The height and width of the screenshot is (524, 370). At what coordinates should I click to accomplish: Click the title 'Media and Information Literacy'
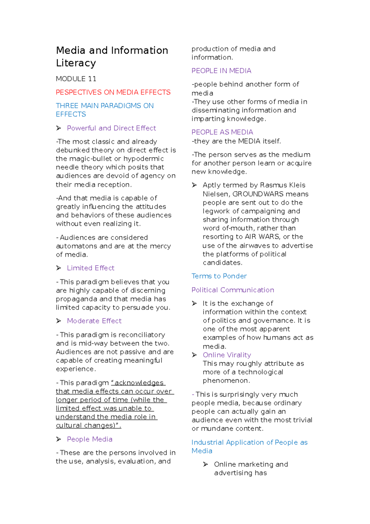tap(112, 56)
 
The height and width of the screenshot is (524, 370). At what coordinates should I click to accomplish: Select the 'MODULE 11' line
tap(76, 79)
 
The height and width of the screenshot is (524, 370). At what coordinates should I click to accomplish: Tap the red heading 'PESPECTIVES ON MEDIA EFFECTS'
tap(113, 92)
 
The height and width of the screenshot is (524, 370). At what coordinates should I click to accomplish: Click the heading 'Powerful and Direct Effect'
tap(111, 128)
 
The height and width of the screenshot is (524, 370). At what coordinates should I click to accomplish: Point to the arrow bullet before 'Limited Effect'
tap(59, 268)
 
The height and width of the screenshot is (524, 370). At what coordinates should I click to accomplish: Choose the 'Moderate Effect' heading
tap(94, 321)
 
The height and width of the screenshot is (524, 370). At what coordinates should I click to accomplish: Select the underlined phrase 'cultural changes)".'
tap(88, 425)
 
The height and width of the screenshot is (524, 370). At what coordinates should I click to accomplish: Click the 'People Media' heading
tap(89, 439)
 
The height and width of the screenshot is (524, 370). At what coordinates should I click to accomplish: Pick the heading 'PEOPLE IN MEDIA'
tap(221, 71)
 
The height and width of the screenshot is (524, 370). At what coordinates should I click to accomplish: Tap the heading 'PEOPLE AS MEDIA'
tap(222, 132)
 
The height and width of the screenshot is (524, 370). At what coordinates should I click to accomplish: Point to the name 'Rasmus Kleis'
tap(282, 185)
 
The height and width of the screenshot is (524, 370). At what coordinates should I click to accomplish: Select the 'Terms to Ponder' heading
tap(219, 276)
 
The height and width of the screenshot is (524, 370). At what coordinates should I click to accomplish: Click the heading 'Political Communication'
tap(232, 290)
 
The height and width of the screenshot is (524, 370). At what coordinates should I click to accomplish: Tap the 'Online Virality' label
tap(227, 355)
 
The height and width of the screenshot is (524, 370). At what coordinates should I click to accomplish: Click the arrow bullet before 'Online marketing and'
tap(206, 464)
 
